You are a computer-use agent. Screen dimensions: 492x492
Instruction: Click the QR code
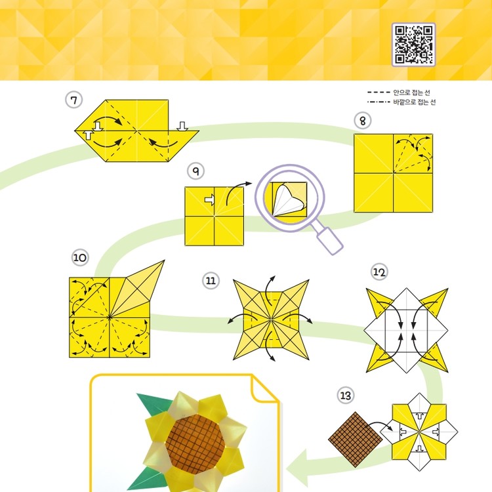point(413,45)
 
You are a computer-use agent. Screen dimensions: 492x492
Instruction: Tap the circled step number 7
point(73,100)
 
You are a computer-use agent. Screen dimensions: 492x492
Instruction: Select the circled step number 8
point(363,121)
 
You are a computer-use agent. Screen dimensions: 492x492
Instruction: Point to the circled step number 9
point(195,171)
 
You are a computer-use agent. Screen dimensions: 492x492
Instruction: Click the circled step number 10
point(80,258)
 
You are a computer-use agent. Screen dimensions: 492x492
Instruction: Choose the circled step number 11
point(211,280)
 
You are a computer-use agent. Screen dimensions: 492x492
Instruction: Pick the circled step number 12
point(379,272)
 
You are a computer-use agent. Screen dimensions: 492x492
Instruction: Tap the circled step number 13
point(346,396)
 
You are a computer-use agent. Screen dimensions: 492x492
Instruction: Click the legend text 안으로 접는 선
point(411,92)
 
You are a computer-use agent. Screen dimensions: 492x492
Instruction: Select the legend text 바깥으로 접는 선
point(414,102)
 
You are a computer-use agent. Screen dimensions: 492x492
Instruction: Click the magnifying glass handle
point(329,240)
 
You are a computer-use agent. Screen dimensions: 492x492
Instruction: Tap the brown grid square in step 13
point(356,440)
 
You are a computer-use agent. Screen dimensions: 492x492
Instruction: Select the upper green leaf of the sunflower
point(154,404)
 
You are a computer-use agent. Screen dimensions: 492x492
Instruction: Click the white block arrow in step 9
point(210,200)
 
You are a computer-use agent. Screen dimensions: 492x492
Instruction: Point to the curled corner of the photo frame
point(264,389)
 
